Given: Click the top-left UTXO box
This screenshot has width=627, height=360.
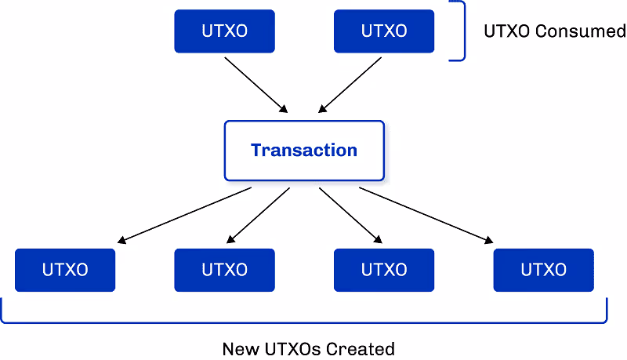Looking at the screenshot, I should pyautogui.click(x=224, y=31).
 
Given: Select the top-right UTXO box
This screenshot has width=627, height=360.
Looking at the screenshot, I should pyautogui.click(x=384, y=31).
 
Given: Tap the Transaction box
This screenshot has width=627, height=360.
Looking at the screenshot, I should pyautogui.click(x=304, y=150).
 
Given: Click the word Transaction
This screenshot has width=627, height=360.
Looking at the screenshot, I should pyautogui.click(x=304, y=150).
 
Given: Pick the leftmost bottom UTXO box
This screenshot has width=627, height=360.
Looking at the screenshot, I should pyautogui.click(x=65, y=270).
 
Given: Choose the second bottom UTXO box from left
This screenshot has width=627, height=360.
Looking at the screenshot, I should pyautogui.click(x=224, y=270).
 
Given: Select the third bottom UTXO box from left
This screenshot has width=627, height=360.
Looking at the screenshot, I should pyautogui.click(x=384, y=270).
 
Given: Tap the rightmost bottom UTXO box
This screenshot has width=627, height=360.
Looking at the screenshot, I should pyautogui.click(x=543, y=270).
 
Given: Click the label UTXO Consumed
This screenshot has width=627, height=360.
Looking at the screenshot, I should pyautogui.click(x=555, y=31).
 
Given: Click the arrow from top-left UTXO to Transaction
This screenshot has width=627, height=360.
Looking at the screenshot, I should pyautogui.click(x=257, y=84).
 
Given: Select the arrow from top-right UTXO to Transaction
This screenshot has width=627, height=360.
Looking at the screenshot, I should pyautogui.click(x=350, y=84).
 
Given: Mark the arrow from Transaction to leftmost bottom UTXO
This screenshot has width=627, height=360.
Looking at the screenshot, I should pyautogui.click(x=186, y=214).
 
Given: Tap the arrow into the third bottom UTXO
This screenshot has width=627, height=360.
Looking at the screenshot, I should pyautogui.click(x=350, y=214).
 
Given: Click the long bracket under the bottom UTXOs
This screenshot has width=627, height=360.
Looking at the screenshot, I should pyautogui.click(x=304, y=321).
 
